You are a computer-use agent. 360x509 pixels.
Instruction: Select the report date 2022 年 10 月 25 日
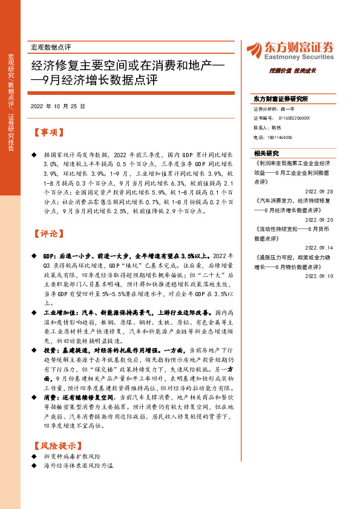tap(57, 106)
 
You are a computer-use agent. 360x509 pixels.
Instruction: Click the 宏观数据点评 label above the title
tap(50, 47)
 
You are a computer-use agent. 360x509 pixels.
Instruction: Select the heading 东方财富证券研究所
tap(281, 99)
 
